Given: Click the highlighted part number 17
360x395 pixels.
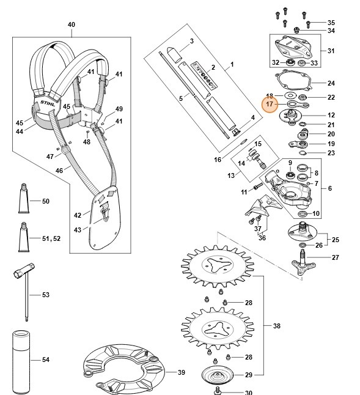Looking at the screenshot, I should pyautogui.click(x=270, y=105).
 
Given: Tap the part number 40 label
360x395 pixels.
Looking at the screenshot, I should pyautogui.click(x=71, y=24).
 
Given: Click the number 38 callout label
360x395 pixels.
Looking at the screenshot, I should pyautogui.click(x=277, y=326).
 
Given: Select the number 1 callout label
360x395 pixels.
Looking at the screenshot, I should pyautogui.click(x=232, y=64).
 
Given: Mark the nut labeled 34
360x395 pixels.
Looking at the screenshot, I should pyautogui.click(x=296, y=29).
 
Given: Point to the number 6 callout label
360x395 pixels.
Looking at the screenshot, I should pyautogui.click(x=331, y=189).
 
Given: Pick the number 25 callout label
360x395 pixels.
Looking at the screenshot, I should pyautogui.click(x=336, y=238).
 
